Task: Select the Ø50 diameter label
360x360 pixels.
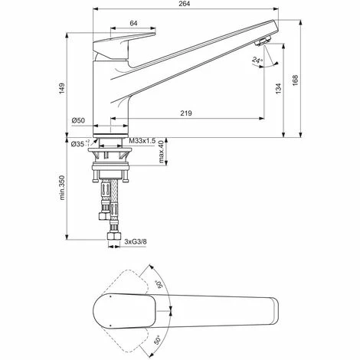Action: [77, 121]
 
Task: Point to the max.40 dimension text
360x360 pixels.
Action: [162, 157]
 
